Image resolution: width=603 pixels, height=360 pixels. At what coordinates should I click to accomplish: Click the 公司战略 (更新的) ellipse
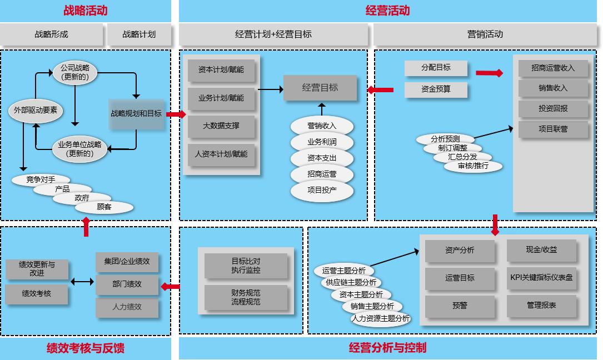(76, 72)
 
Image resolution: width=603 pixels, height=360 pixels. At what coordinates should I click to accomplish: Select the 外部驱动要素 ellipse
(36, 110)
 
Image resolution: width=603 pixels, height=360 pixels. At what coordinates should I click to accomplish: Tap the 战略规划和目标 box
(136, 113)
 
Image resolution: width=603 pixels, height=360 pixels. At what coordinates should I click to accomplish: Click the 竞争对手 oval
(41, 179)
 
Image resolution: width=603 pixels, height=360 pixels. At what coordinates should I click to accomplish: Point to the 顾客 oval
(104, 207)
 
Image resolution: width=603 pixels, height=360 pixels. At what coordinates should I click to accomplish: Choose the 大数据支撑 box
(221, 126)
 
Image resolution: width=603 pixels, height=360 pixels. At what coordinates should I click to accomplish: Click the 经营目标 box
(320, 88)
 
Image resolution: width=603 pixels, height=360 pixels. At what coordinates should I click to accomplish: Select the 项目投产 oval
(322, 190)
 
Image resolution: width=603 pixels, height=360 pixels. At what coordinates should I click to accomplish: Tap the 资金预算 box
(436, 89)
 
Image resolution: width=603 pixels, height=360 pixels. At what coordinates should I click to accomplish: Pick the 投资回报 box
(553, 108)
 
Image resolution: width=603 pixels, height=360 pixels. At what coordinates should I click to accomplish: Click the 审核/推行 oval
(473, 166)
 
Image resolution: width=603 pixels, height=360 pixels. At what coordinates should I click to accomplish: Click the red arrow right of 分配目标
(489, 73)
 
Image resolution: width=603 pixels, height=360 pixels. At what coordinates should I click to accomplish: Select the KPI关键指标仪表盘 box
(541, 277)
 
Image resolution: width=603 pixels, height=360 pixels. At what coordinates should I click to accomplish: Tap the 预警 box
(460, 306)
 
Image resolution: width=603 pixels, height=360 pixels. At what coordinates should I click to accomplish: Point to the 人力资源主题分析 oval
(381, 318)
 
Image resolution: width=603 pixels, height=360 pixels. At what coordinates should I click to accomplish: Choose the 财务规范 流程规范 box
(246, 297)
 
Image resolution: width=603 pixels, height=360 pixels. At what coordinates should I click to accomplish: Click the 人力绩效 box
(127, 307)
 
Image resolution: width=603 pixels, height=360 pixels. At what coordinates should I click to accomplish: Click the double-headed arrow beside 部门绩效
(82, 282)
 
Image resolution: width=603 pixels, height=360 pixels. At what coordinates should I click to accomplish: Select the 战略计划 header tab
(139, 34)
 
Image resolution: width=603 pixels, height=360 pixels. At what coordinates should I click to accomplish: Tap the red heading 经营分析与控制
(387, 348)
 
